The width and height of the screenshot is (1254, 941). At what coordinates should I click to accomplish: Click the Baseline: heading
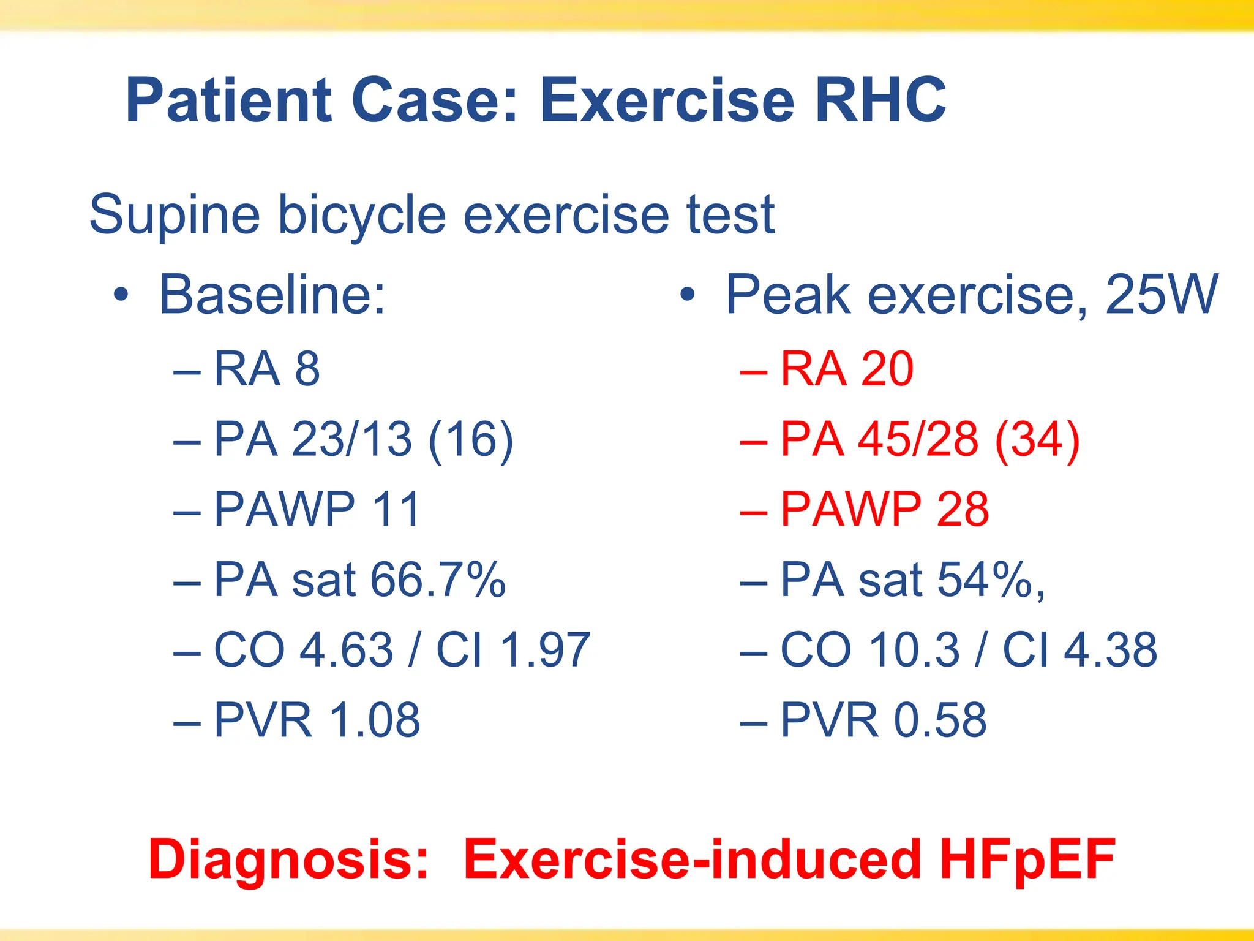pyautogui.click(x=272, y=295)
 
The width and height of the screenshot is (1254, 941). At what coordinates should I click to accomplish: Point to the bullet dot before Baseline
pyautogui.click(x=121, y=295)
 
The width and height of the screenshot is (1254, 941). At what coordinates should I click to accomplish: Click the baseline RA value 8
pyautogui.click(x=307, y=369)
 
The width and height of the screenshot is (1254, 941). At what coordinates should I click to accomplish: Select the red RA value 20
pyautogui.click(x=887, y=369)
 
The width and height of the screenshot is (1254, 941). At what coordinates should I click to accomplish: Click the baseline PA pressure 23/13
pyautogui.click(x=351, y=439)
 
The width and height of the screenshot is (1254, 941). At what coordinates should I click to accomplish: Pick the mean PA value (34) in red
pyautogui.click(x=1037, y=439)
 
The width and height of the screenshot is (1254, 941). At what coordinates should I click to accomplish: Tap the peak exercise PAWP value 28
pyautogui.click(x=963, y=509)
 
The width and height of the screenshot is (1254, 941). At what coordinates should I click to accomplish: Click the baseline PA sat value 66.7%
pyautogui.click(x=438, y=580)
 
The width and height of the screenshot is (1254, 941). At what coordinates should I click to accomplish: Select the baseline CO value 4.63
pyautogui.click(x=346, y=649)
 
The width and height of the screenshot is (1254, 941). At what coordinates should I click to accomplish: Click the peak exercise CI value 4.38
pyautogui.click(x=1111, y=649)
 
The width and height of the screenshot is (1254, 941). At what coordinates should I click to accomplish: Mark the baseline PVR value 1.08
pyautogui.click(x=375, y=720)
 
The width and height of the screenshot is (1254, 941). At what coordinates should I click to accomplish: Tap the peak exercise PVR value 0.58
pyautogui.click(x=940, y=720)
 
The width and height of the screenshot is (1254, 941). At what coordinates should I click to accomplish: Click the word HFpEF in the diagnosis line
pyautogui.click(x=1027, y=860)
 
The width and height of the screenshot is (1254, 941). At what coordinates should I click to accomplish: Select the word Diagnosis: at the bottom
pyautogui.click(x=288, y=860)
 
